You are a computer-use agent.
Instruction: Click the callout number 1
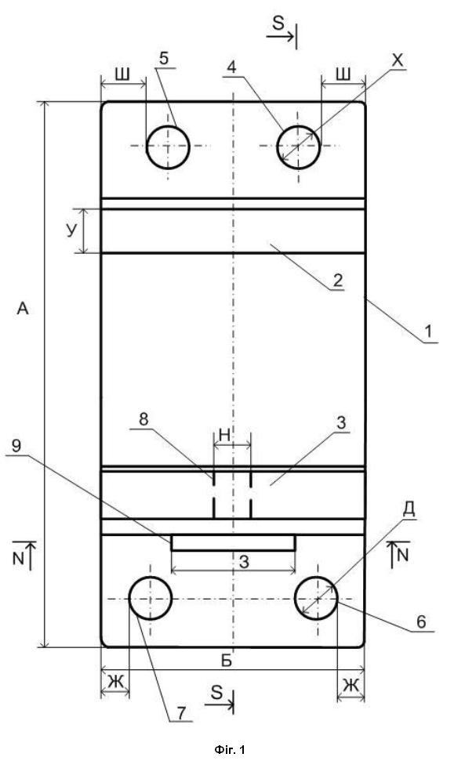click(x=428, y=332)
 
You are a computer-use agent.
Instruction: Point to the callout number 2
click(x=337, y=281)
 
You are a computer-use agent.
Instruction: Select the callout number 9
click(x=16, y=446)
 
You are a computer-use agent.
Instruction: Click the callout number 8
click(x=143, y=419)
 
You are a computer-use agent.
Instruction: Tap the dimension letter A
click(x=23, y=309)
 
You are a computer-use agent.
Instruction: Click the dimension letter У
click(x=72, y=231)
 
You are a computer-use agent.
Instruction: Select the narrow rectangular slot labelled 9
click(x=233, y=542)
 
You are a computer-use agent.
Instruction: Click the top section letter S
click(x=278, y=24)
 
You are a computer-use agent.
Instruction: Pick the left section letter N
click(x=18, y=560)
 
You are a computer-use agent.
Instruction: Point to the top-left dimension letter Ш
click(x=122, y=74)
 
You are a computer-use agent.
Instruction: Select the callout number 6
click(x=421, y=621)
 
